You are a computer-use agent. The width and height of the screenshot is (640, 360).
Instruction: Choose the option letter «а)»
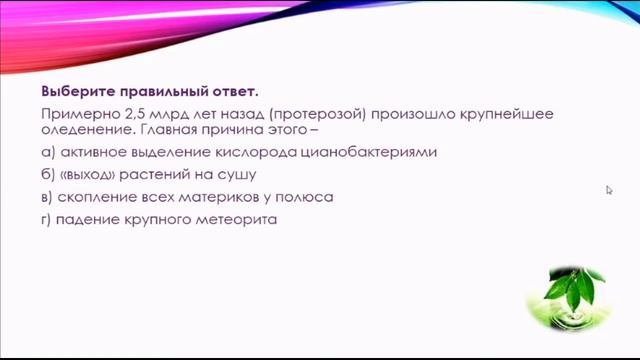48,153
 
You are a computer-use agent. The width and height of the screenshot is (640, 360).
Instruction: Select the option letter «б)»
48,175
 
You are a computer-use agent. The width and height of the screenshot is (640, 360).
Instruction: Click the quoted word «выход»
92,175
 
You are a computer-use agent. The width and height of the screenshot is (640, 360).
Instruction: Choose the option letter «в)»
48,197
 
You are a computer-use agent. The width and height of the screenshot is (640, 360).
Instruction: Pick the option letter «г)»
47,219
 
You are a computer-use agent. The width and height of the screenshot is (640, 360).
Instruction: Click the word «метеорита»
236,219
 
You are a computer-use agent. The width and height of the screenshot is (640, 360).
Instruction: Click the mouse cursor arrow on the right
609,189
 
